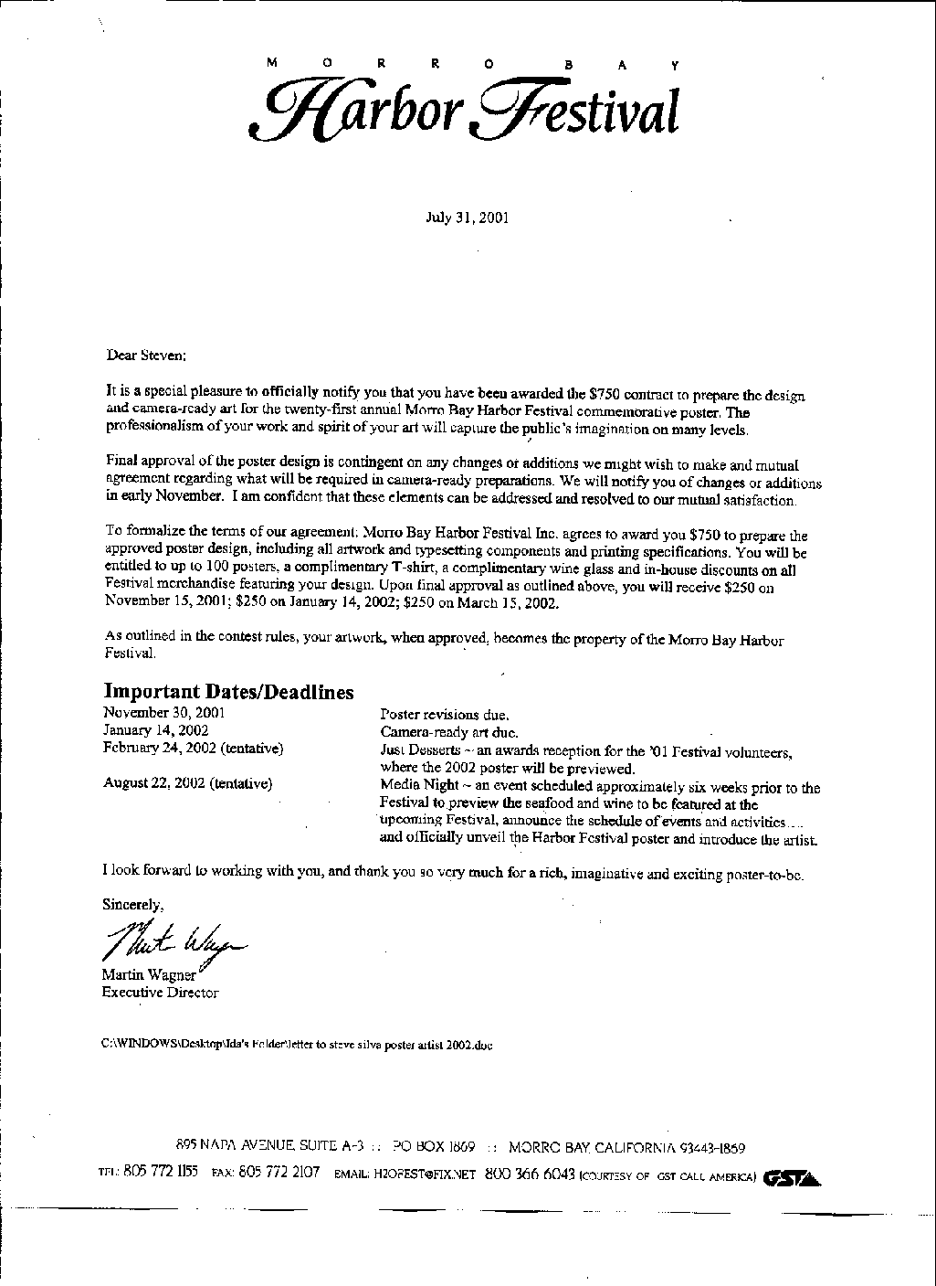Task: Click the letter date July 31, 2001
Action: (468, 218)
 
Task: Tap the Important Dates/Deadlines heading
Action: (228, 692)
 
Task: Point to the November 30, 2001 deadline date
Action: (163, 712)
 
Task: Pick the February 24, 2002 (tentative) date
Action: (193, 748)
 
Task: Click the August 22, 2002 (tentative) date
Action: (187, 783)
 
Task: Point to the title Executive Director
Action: (160, 992)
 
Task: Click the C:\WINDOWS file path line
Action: (297, 1045)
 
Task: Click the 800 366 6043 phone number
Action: (529, 1174)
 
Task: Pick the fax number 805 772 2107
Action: (279, 1174)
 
